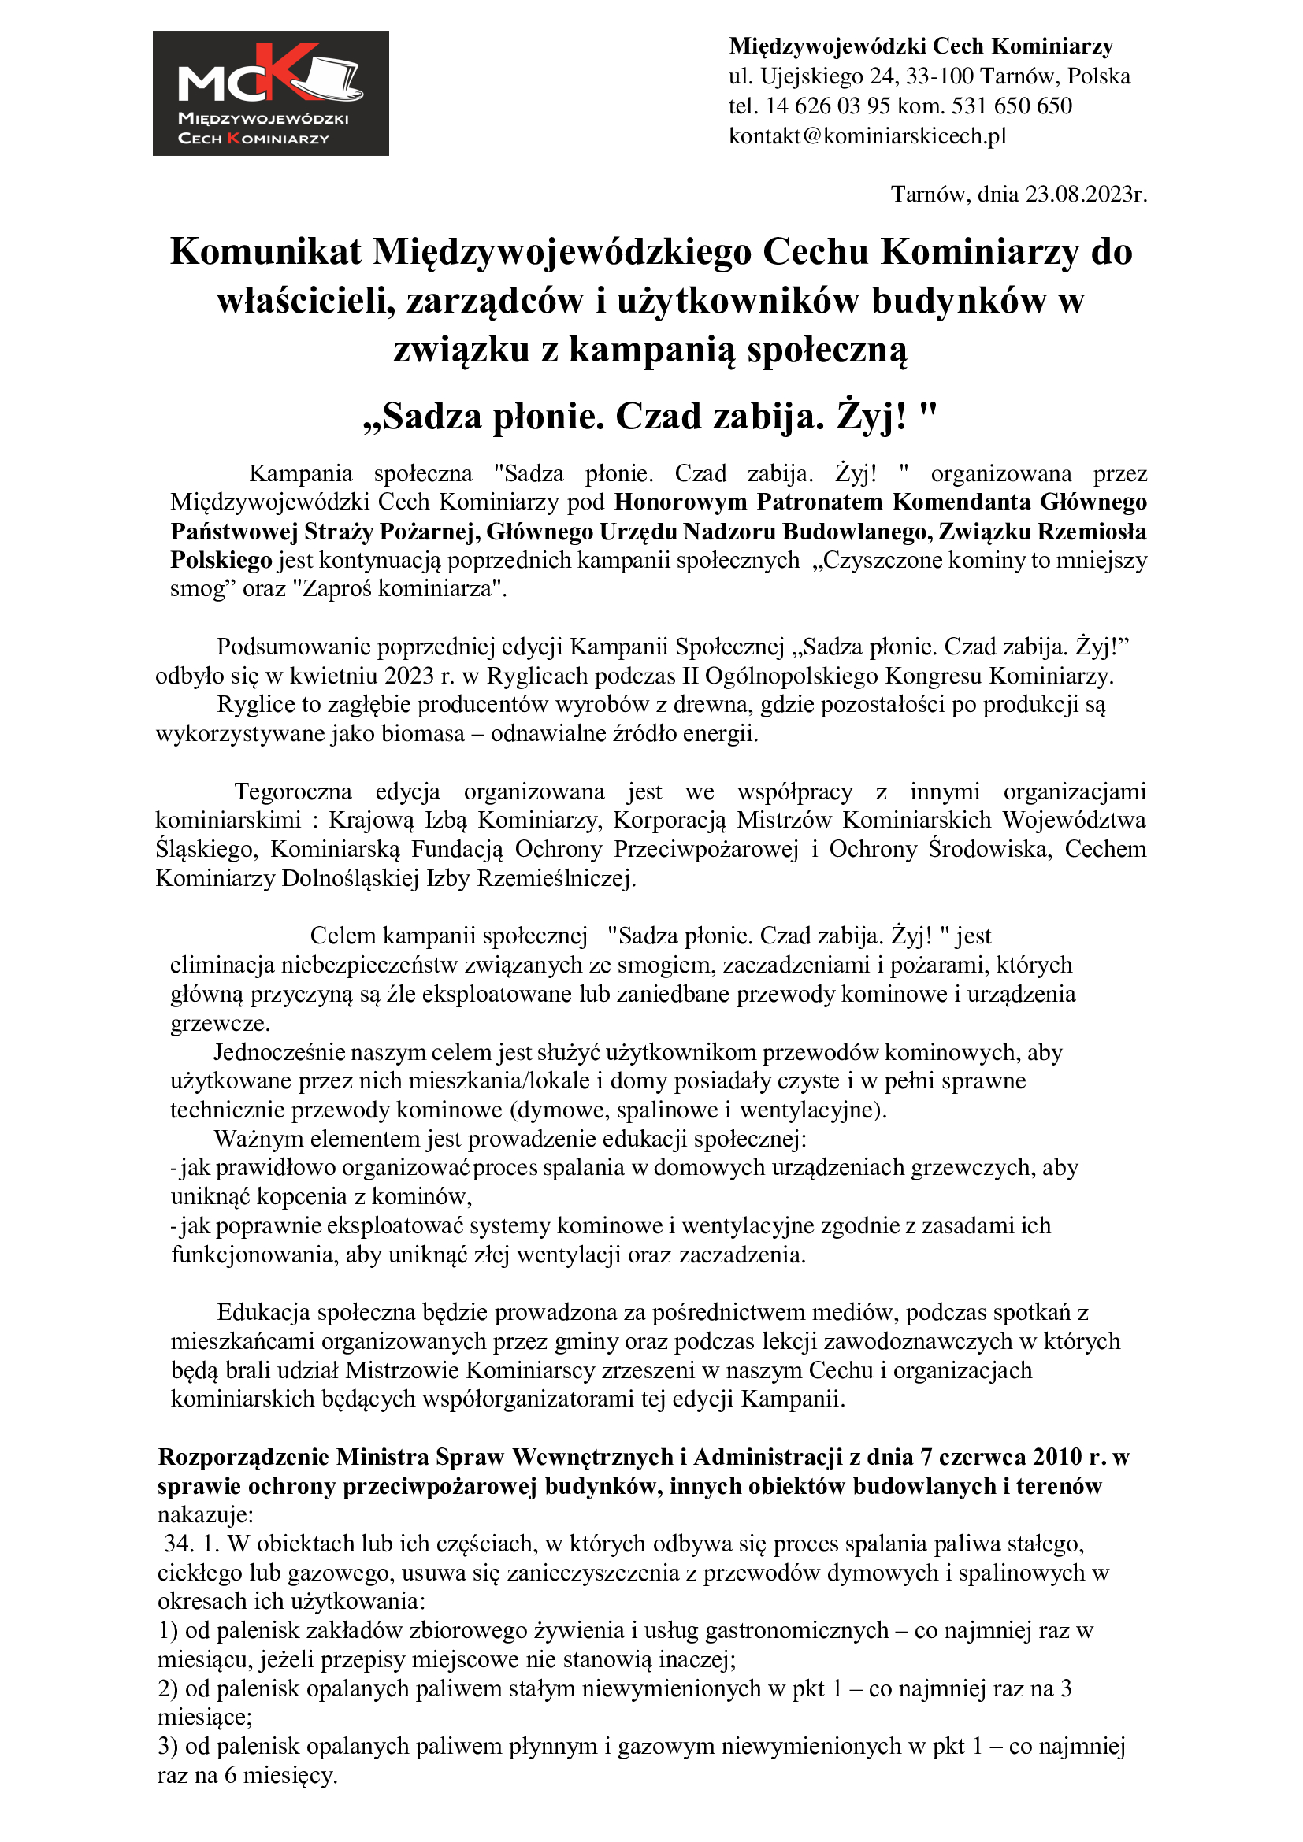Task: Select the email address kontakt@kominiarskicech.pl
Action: (x=867, y=136)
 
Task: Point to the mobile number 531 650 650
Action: (x=1012, y=106)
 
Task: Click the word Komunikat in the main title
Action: (x=265, y=252)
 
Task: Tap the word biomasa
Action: (x=424, y=733)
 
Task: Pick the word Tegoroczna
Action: (x=293, y=791)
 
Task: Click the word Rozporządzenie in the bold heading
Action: (x=243, y=1456)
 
